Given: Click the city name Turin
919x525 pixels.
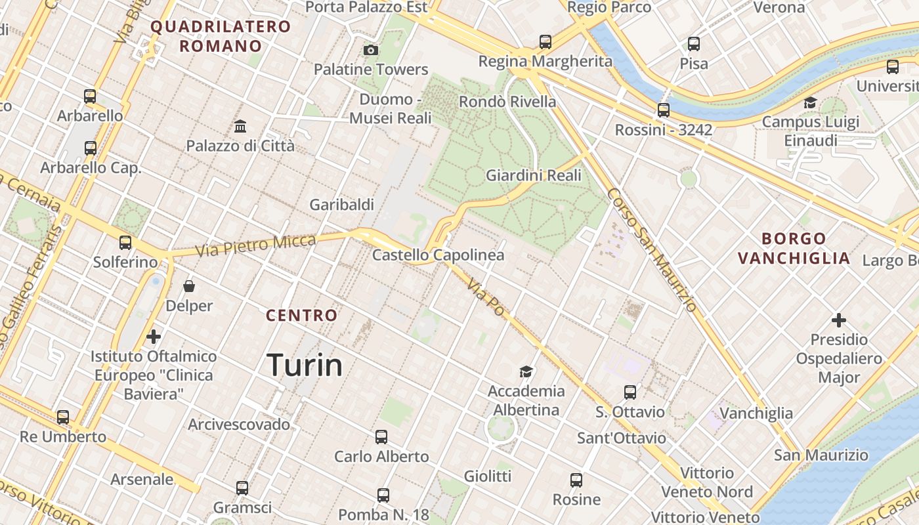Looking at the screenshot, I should point(305,365).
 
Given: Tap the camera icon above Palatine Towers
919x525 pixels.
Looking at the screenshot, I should point(371,50).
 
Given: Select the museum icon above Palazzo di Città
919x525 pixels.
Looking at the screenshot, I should point(240,126).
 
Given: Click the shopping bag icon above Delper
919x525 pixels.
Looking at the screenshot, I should point(189,286).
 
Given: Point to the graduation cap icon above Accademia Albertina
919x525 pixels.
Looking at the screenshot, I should point(526,372).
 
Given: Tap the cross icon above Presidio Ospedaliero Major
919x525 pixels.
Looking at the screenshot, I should point(838,320).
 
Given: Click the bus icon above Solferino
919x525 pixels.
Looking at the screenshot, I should point(125,242).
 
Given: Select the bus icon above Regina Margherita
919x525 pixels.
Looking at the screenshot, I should point(545,42).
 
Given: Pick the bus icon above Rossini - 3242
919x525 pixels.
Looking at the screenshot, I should point(664,110).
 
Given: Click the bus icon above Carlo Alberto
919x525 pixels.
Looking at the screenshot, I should point(381,437).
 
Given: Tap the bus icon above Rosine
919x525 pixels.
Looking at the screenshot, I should point(576,480).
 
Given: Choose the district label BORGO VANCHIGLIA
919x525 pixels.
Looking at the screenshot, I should point(794,248).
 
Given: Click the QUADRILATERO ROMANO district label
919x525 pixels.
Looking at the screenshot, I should point(221,36).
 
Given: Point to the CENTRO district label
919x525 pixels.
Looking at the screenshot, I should point(301,316).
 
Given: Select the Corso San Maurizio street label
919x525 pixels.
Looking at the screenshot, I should point(651,250).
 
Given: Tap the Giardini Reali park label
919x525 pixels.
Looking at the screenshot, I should point(533,175).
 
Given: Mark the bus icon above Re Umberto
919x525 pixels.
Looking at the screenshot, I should point(63,417).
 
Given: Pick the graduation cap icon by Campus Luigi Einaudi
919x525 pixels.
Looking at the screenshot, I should point(810,103).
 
